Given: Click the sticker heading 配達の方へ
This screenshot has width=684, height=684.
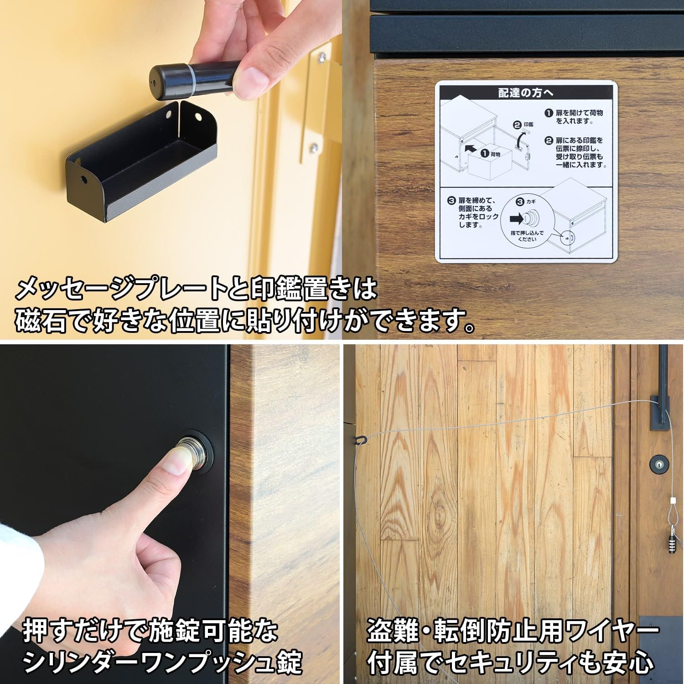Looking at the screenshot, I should pos(526,93).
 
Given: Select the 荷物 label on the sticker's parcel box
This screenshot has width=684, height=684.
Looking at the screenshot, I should pos(493,155).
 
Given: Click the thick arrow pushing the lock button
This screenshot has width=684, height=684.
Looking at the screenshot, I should pos(517,219).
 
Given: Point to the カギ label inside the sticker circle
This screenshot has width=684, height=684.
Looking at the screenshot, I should pos(530,201).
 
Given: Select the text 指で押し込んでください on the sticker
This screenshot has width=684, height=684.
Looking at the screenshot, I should pos(527,236).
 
